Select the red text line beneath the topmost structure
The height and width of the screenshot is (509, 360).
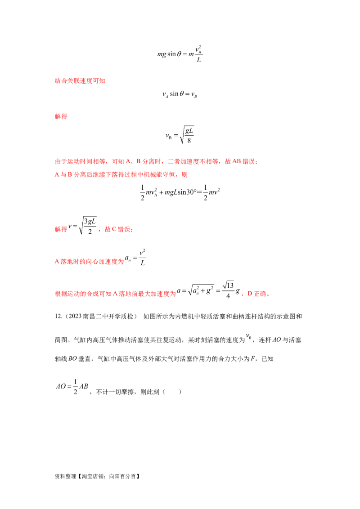point(81,81)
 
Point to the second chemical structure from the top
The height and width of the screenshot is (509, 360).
point(180,94)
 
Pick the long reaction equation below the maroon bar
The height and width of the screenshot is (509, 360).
point(180,192)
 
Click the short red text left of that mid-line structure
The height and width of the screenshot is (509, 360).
point(61,229)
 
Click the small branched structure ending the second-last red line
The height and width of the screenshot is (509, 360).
point(138,257)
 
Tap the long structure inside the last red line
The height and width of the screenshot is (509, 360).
point(209,291)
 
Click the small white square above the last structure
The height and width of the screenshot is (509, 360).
point(235,282)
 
